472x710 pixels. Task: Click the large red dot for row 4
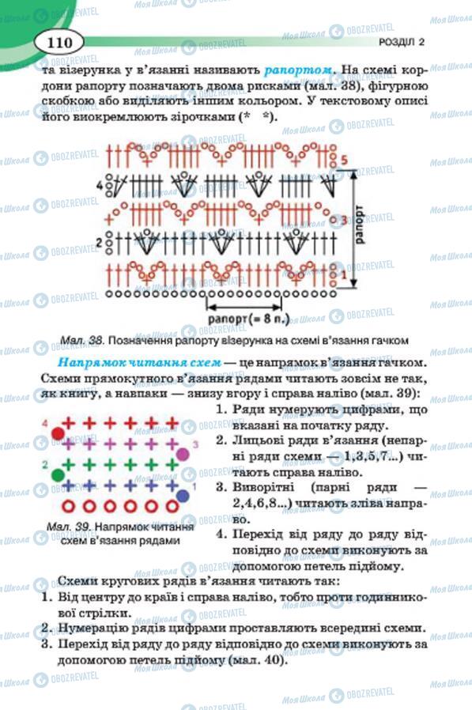click(x=58, y=433)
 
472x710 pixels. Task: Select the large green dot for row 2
click(x=58, y=474)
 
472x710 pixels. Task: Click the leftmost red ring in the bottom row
click(x=68, y=506)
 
